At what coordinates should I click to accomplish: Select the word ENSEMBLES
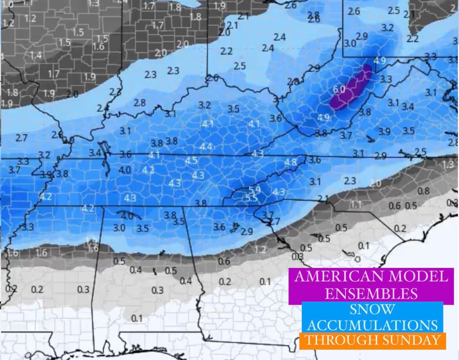[x=371, y=293]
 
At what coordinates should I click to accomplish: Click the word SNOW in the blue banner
[x=372, y=309]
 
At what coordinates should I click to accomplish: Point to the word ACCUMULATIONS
[x=373, y=325]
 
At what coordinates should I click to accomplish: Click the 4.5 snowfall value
[x=191, y=160]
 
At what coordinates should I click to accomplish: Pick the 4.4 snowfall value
[x=206, y=147]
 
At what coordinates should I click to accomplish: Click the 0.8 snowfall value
[x=423, y=191]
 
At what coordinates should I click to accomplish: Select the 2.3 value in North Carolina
[x=350, y=181]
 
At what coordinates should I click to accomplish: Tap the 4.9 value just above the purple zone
[x=380, y=60]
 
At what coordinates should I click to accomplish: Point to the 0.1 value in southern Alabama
[x=137, y=318]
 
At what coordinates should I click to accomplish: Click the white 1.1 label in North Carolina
[x=357, y=205]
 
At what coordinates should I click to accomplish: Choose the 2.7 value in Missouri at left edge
[x=22, y=138]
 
